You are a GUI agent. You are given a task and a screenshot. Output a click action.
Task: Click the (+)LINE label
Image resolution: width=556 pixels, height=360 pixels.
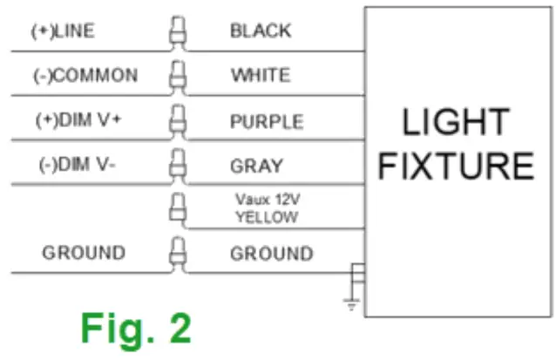click(x=63, y=31)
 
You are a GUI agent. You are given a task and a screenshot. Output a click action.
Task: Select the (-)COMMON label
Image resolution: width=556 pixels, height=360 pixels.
click(x=84, y=76)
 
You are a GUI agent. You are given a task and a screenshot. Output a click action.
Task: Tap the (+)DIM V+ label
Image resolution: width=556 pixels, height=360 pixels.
click(x=78, y=121)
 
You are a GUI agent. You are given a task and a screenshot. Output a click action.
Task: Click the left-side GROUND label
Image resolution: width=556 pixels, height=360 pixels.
click(x=84, y=254)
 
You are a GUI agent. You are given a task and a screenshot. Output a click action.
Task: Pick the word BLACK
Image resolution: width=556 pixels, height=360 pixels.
click(x=261, y=31)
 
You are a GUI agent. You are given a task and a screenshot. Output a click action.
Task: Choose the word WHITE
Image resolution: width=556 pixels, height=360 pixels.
click(x=261, y=76)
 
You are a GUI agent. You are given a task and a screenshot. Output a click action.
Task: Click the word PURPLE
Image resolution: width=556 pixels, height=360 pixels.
click(x=267, y=121)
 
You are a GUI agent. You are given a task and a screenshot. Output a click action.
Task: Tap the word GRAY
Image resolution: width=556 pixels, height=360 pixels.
click(x=255, y=166)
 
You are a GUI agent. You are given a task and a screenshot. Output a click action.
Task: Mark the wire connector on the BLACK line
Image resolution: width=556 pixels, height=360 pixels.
click(x=179, y=34)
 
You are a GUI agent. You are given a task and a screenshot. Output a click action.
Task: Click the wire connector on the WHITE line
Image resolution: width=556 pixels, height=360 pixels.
click(x=179, y=78)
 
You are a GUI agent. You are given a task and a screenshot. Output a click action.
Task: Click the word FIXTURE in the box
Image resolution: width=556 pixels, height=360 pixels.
click(x=455, y=166)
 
